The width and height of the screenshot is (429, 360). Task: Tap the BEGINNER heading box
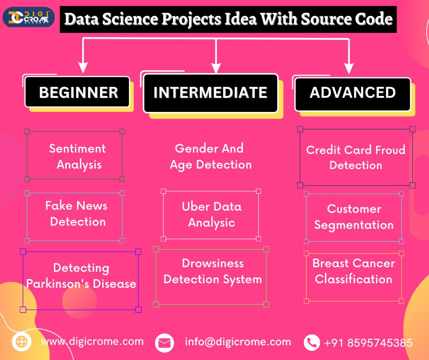(78, 92)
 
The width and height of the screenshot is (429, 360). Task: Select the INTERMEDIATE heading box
(210, 93)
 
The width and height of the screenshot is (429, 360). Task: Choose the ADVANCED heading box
(352, 93)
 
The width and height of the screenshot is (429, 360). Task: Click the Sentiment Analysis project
(77, 156)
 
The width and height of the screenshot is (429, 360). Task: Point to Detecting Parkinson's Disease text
(81, 276)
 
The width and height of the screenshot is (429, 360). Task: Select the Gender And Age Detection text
(210, 156)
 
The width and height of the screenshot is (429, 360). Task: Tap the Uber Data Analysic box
(211, 214)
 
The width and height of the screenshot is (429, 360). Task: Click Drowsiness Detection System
(212, 271)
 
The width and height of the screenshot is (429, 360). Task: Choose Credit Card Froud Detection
(356, 157)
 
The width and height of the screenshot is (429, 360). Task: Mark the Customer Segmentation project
(354, 217)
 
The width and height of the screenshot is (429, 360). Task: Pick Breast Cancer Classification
(354, 271)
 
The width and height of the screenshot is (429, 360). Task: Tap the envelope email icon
(165, 343)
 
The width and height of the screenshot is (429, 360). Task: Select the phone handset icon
(312, 342)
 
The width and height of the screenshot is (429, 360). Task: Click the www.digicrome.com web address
(92, 341)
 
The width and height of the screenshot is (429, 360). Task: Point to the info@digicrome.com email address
(238, 342)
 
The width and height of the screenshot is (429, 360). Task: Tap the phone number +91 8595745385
(368, 343)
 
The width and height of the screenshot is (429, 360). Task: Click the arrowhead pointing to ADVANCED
(349, 69)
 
